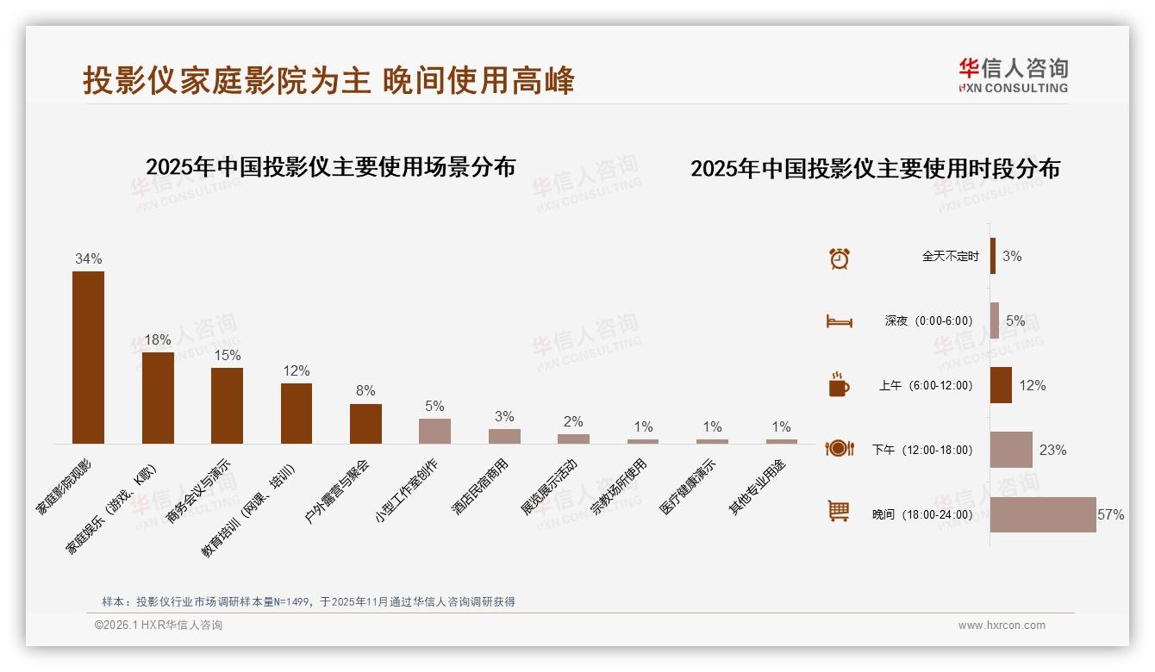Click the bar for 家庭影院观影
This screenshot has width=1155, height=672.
coord(88,358)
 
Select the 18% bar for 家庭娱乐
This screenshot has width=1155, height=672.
coord(158,397)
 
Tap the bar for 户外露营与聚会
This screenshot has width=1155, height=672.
coord(365,423)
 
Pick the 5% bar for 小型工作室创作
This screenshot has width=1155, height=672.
coord(434,431)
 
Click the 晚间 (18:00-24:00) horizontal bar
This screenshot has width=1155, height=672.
coord(1043,514)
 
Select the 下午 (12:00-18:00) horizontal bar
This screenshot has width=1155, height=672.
coord(1011,450)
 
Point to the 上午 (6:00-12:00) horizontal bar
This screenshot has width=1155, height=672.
coord(1001,385)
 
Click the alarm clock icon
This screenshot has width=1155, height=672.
coord(840,258)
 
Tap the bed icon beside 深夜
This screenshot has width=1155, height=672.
coord(839,321)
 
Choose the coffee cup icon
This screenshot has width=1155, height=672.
coord(839,385)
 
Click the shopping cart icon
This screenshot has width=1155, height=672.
coord(839,512)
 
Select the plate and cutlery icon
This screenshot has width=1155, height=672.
coord(839,448)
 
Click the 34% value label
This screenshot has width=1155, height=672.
coord(88,258)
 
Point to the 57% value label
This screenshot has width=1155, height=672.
coord(1110,514)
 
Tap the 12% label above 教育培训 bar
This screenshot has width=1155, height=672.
coord(297,370)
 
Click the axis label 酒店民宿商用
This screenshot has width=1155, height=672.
coord(480,488)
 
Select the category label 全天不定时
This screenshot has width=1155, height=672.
coord(950,257)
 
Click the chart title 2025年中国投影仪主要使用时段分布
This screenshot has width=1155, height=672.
coord(875,168)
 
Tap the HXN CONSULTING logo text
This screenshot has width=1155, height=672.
coord(1014,88)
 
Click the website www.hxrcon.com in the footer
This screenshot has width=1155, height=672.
coord(1002,625)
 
